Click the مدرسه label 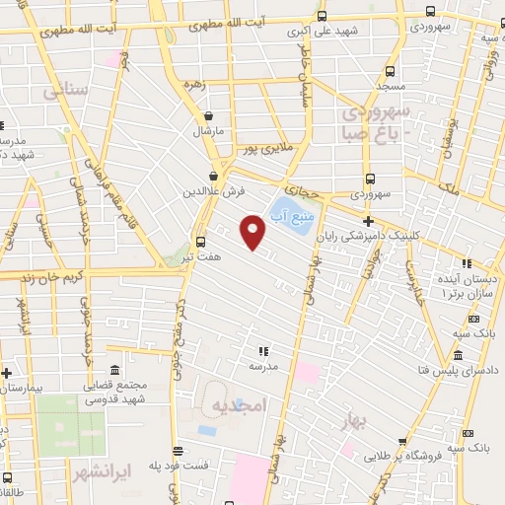(261, 366)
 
